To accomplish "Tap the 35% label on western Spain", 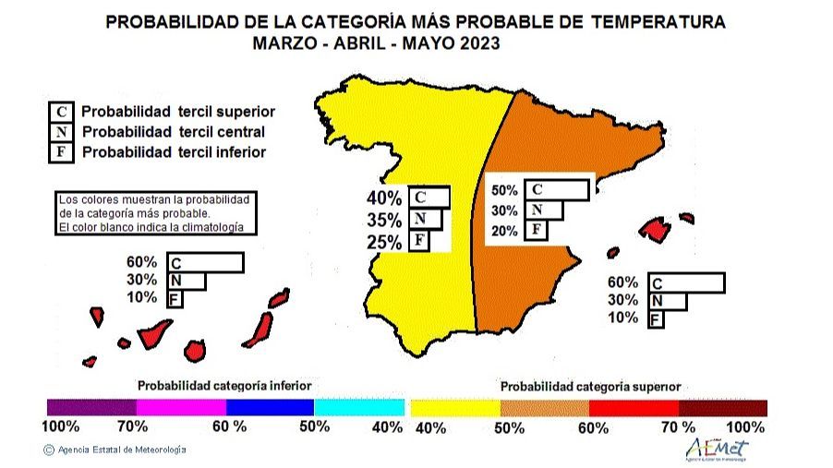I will coord(384,221).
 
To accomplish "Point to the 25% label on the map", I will coord(384,243).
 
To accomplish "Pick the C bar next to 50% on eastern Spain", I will coord(556,190).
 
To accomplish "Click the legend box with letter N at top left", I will coord(60,132).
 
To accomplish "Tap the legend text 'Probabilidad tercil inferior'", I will coord(174,152).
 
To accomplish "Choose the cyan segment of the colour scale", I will coord(359,408).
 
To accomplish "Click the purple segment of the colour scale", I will coord(91,408).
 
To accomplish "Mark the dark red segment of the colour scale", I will coord(722,408).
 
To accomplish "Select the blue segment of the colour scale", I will coord(270,408).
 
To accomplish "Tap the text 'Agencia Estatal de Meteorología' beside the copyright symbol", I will coord(122,450).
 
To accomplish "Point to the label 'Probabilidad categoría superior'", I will coord(590,387).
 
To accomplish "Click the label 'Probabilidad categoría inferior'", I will coord(224,385).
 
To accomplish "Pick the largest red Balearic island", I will coord(655,228).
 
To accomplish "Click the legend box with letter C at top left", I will coord(60,112).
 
